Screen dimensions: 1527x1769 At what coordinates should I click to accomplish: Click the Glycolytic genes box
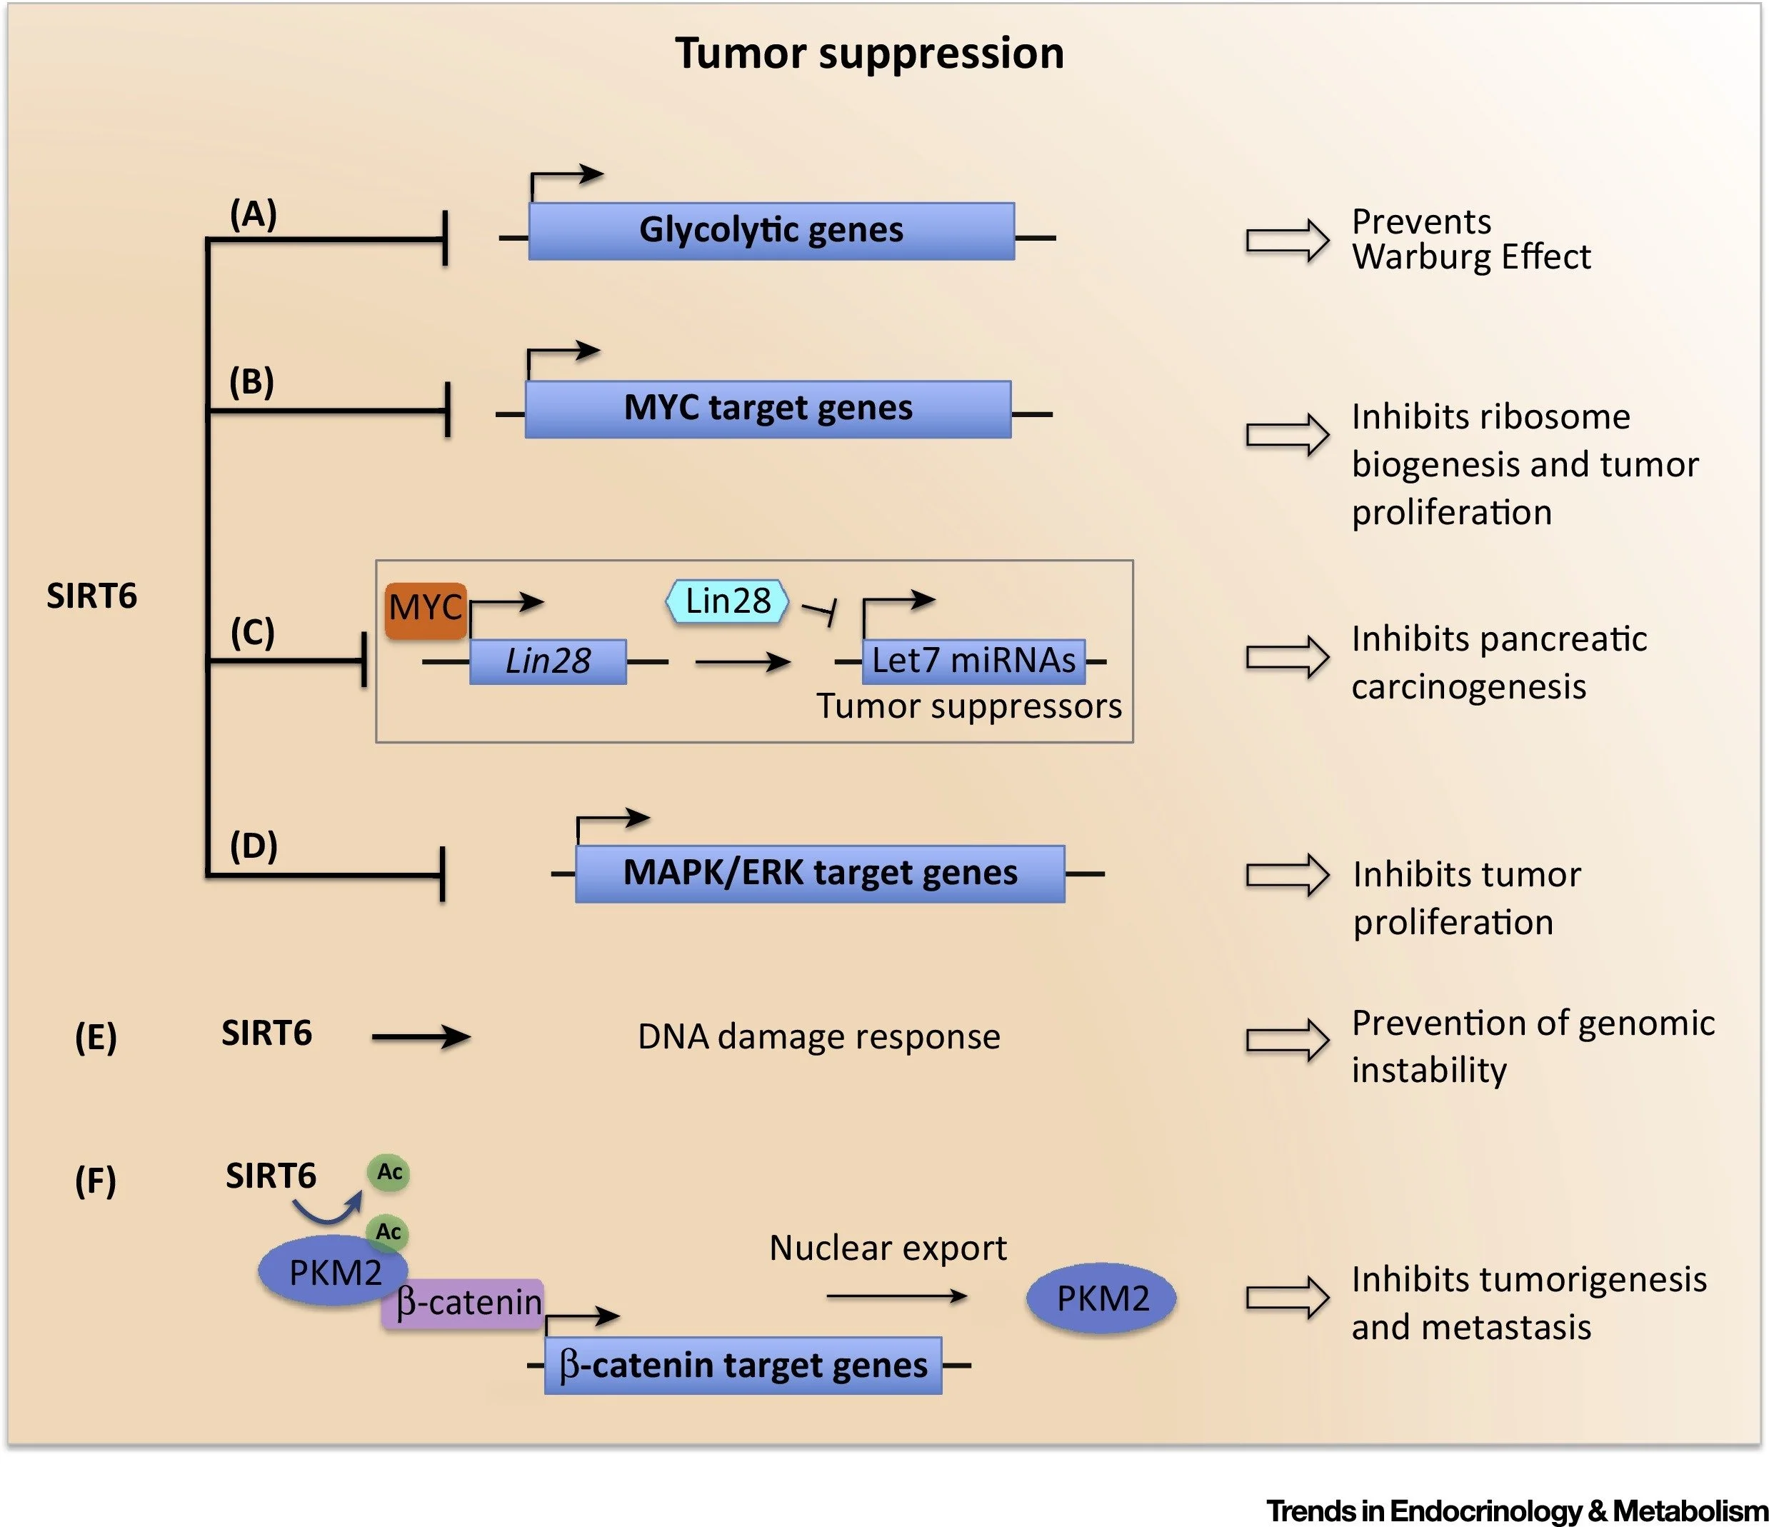[771, 231]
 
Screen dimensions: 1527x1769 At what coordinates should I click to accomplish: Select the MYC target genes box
[768, 409]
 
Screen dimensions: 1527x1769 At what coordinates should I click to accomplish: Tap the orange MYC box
[425, 610]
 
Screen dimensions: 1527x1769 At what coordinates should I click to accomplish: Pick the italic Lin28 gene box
[547, 661]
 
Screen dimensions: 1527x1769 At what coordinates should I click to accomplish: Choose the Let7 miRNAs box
[973, 661]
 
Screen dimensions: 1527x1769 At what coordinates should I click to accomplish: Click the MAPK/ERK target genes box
[820, 873]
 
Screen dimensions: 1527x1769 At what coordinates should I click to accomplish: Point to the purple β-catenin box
[463, 1303]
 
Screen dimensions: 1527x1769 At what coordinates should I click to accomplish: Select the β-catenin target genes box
[743, 1366]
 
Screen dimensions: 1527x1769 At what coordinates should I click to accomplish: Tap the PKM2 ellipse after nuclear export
[1101, 1298]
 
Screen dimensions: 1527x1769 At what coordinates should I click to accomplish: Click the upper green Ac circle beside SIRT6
[389, 1172]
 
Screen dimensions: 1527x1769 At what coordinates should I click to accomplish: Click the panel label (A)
[254, 214]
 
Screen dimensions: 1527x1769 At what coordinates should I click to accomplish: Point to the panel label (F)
[96, 1181]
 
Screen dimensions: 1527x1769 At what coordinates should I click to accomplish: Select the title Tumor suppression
[869, 53]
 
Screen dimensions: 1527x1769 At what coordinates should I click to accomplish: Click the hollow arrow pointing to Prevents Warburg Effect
[1287, 240]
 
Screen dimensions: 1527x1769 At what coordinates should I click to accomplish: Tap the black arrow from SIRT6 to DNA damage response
[421, 1038]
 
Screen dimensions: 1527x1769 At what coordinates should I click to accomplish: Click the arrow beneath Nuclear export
[896, 1296]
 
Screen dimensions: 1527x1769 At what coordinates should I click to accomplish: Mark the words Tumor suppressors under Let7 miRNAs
[969, 706]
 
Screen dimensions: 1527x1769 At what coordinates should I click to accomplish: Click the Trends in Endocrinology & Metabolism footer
[1516, 1510]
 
